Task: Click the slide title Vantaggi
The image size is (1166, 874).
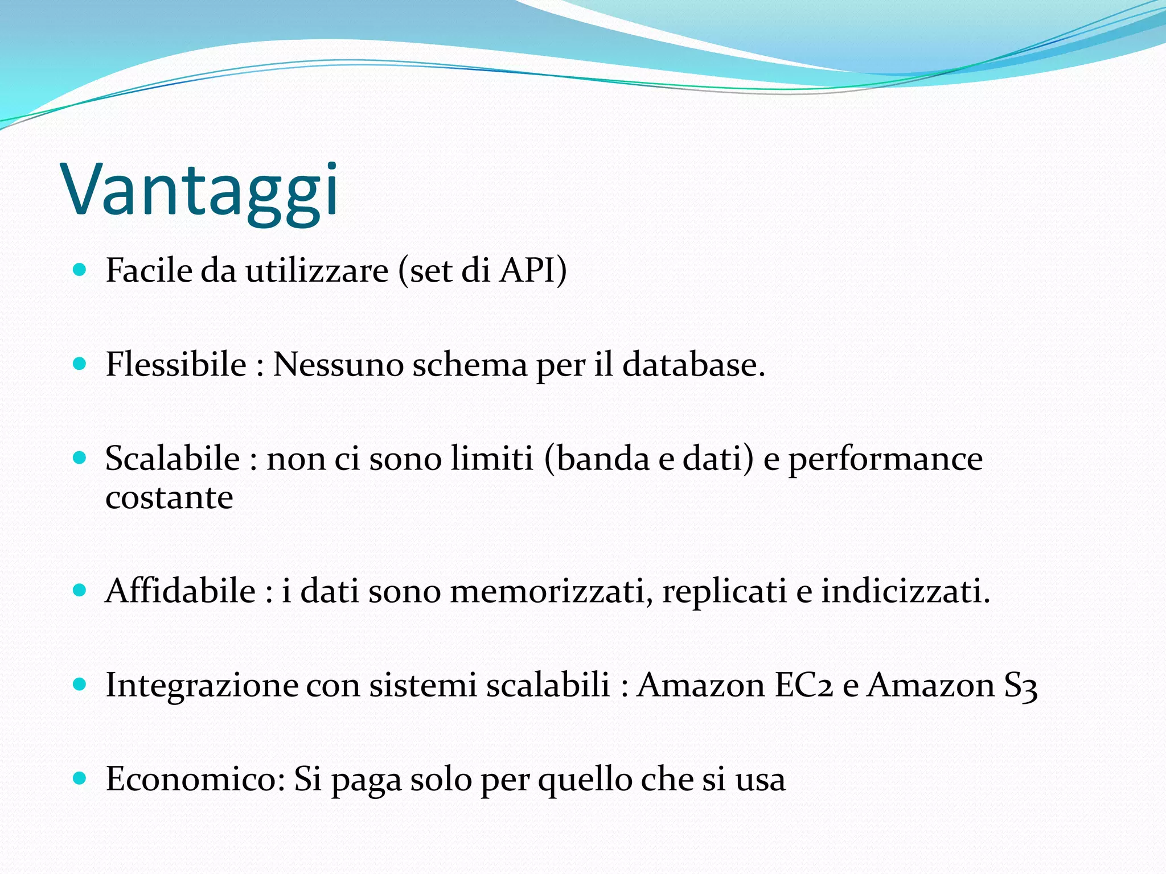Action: [x=200, y=191]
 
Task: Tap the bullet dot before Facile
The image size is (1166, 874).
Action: [x=80, y=269]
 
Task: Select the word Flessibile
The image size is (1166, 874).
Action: [x=176, y=364]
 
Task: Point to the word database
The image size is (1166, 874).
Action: [x=692, y=364]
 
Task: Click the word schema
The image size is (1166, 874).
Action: [x=470, y=364]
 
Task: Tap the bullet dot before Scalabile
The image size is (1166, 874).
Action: [x=80, y=457]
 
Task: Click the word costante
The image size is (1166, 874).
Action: [x=169, y=498]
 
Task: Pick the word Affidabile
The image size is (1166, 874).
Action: [x=180, y=591]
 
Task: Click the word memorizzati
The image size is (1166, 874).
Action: [x=551, y=591]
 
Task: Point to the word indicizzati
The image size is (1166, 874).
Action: [x=905, y=591]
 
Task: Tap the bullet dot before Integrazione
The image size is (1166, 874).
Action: [x=80, y=684]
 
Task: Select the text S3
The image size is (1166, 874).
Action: [x=1020, y=686]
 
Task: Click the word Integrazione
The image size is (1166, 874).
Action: [x=202, y=686]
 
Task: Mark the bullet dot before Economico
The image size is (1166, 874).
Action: [x=80, y=778]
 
